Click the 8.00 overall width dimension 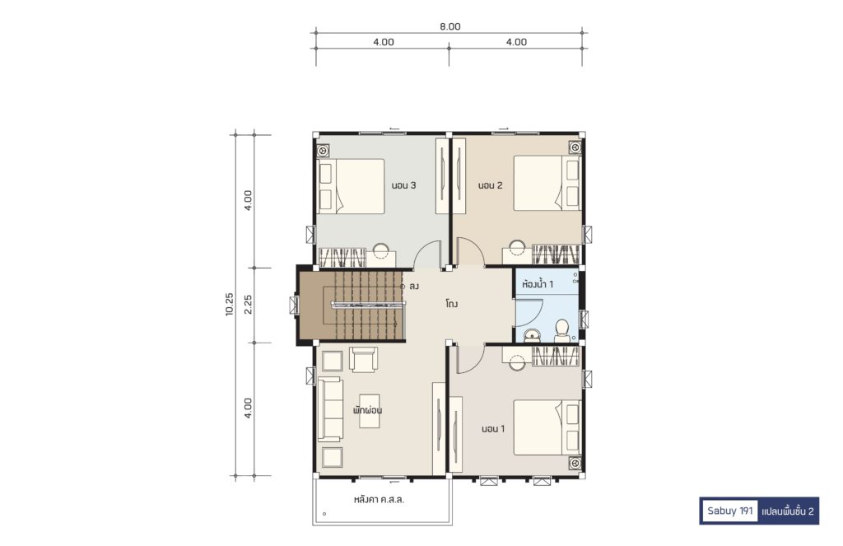(450, 26)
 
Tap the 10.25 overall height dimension (230, 304)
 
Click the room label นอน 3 (403, 185)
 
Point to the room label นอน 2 (491, 185)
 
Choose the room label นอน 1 (493, 429)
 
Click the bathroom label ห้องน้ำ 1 (537, 283)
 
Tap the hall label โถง (452, 304)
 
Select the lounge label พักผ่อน (368, 410)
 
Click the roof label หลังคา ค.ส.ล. (379, 499)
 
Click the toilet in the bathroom (561, 331)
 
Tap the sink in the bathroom (532, 335)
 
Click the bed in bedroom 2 (547, 183)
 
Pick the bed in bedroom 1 (547, 427)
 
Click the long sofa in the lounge (330, 409)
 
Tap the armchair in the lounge (363, 359)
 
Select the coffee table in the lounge (370, 411)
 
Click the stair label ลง (413, 287)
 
